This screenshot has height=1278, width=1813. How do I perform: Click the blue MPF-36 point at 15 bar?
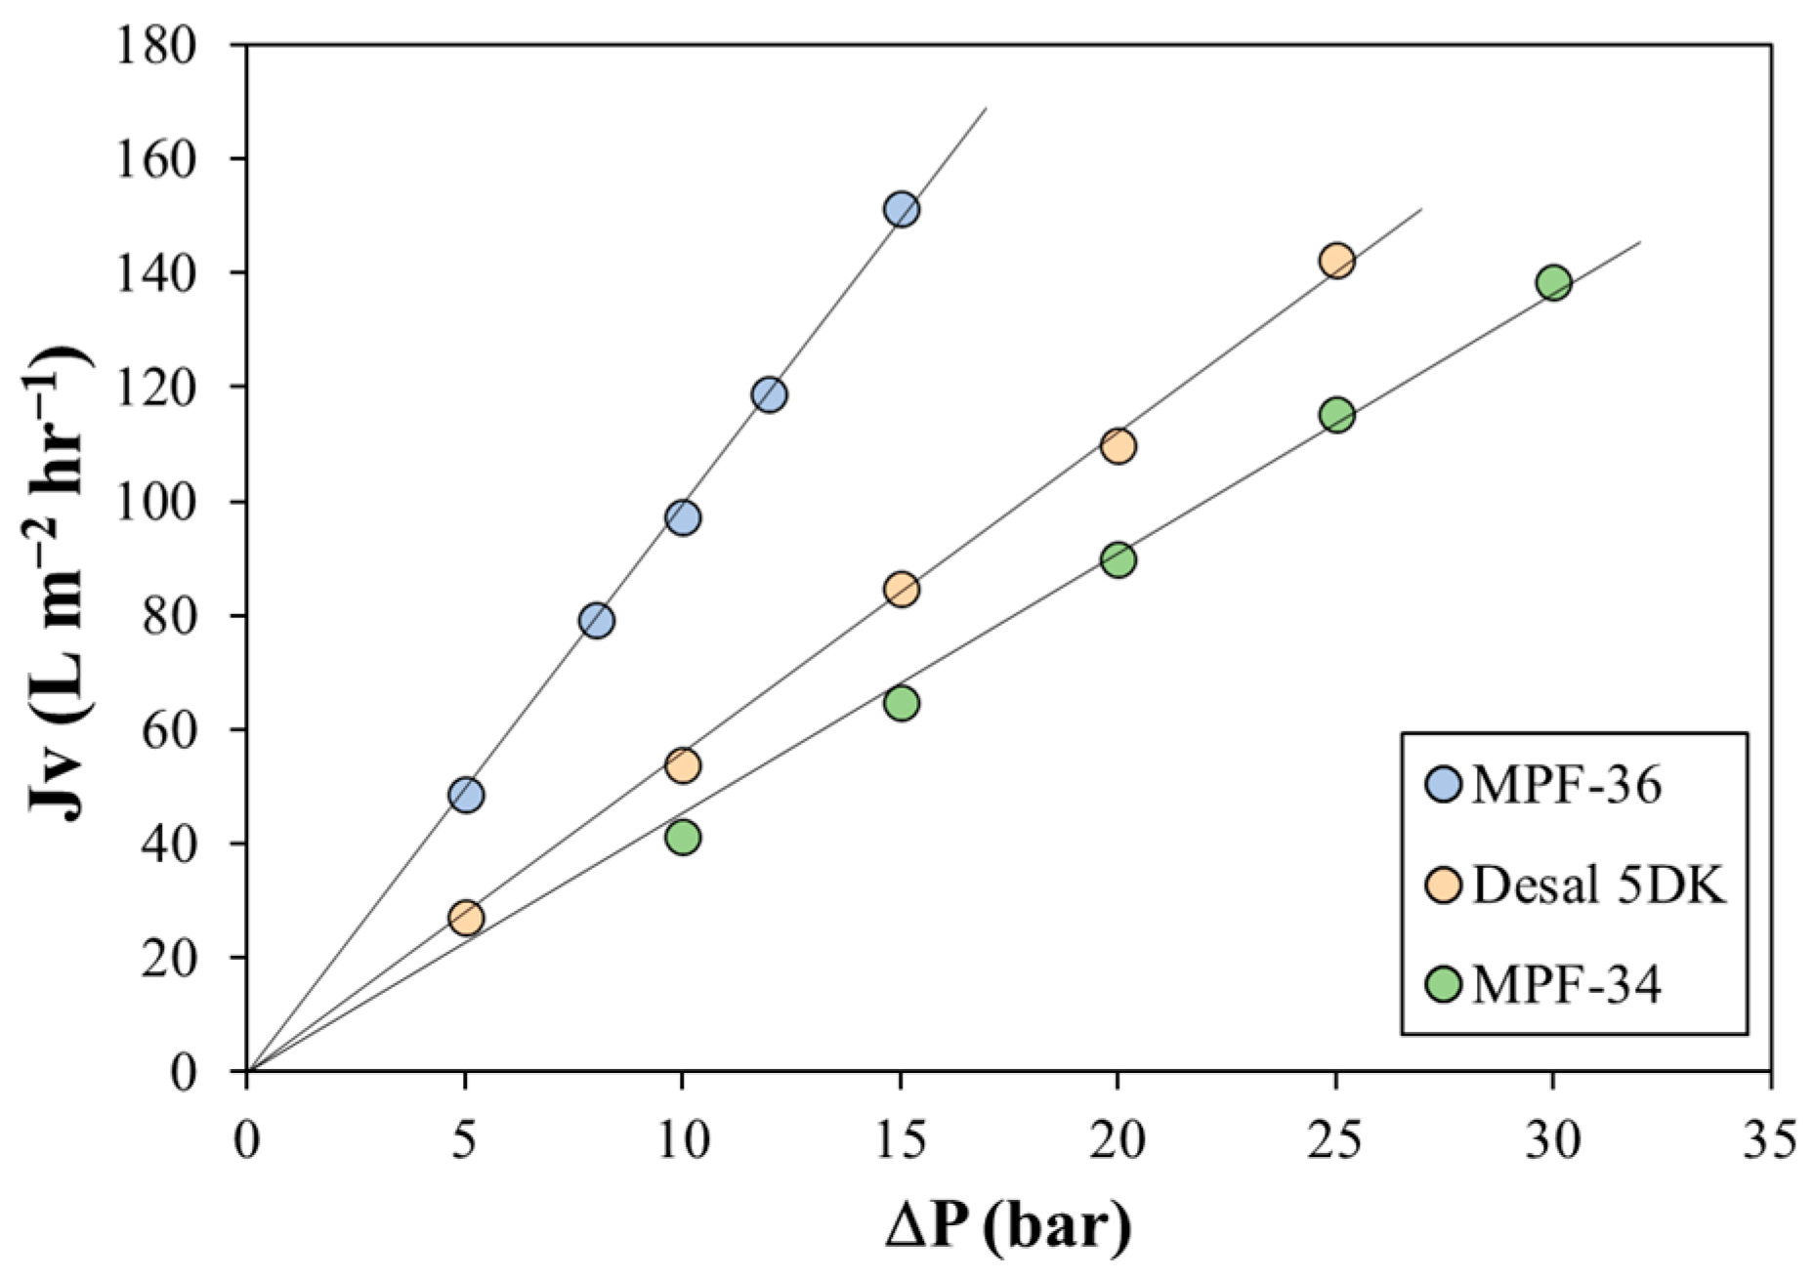pyautogui.click(x=901, y=209)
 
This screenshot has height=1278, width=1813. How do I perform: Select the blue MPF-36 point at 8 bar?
pyautogui.click(x=596, y=620)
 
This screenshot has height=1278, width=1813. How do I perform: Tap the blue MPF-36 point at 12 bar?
pyautogui.click(x=770, y=394)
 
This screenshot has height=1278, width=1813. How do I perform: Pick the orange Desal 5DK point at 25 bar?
pyautogui.click(x=1336, y=261)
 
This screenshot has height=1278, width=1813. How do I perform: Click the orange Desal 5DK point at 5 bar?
pyautogui.click(x=466, y=918)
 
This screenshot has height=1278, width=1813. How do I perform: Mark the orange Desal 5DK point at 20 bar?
pyautogui.click(x=1117, y=446)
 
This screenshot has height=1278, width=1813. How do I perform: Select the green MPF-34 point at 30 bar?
pyautogui.click(x=1553, y=283)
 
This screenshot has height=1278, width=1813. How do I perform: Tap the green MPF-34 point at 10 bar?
pyautogui.click(x=684, y=837)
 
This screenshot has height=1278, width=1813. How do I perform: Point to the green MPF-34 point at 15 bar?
pyautogui.click(x=902, y=703)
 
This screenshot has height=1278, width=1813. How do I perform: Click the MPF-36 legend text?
pyautogui.click(x=1567, y=786)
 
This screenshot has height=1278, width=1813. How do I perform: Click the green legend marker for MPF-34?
pyautogui.click(x=1444, y=985)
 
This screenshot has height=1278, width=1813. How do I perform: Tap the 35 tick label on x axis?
pyautogui.click(x=1770, y=1140)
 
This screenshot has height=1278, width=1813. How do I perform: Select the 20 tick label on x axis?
pyautogui.click(x=1117, y=1140)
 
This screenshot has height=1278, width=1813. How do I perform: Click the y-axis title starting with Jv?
pyautogui.click(x=61, y=557)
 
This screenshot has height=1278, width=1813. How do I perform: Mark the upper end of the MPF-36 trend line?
pyautogui.click(x=986, y=108)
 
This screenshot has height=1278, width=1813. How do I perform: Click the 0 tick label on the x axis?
pyautogui.click(x=247, y=1140)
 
